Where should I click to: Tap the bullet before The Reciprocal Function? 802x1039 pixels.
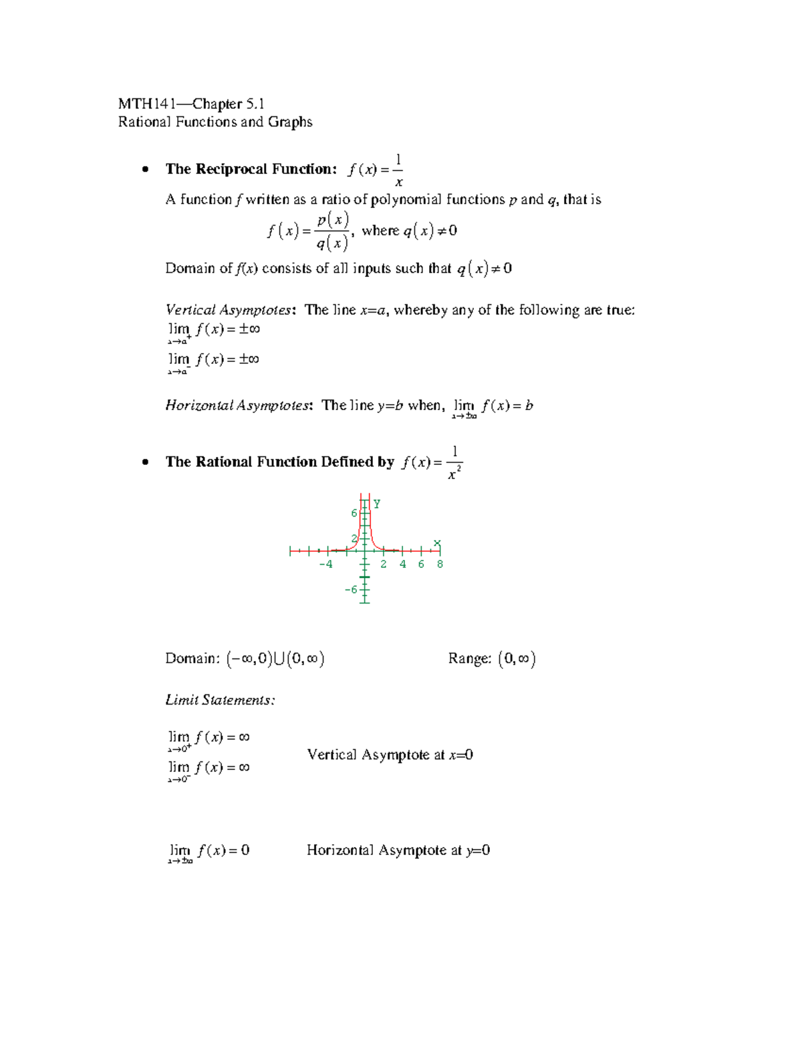tap(144, 170)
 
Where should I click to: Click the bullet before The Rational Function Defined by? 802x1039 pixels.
tap(144, 462)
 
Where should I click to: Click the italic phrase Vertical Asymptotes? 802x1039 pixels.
tap(229, 310)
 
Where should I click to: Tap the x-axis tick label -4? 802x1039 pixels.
tap(325, 564)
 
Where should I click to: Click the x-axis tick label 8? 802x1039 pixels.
tap(440, 564)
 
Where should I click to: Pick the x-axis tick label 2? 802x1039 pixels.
tap(384, 564)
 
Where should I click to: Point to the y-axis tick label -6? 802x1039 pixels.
tap(351, 589)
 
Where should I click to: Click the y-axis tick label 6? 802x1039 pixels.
tap(354, 513)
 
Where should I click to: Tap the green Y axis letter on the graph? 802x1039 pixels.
tap(377, 504)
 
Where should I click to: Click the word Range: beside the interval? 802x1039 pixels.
tap(470, 659)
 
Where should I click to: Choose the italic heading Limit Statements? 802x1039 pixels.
tap(220, 700)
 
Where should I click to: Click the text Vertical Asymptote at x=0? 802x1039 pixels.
tap(390, 755)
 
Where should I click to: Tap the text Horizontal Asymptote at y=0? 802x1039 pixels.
tap(398, 851)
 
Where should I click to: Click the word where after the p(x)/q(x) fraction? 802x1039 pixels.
tap(380, 231)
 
